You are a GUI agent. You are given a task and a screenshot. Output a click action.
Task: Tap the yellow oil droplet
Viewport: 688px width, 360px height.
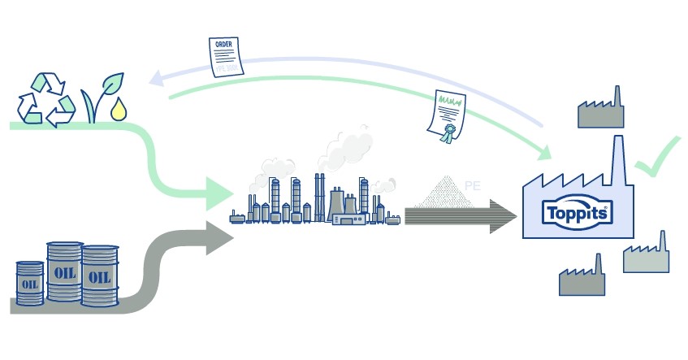point(118,108)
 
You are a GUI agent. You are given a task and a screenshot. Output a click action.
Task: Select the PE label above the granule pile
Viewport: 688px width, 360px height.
point(474,186)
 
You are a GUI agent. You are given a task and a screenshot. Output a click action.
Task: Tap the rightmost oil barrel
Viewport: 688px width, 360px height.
point(99,276)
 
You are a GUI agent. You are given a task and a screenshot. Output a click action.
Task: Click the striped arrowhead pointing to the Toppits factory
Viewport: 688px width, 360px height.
point(504,215)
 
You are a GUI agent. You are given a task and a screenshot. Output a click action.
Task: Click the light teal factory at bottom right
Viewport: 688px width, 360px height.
point(647,256)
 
